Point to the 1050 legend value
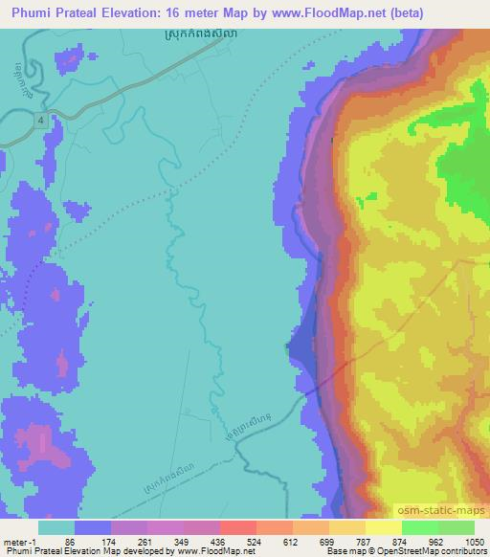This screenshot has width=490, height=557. (472, 542)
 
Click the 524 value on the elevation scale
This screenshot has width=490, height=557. (255, 542)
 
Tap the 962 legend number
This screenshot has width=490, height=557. (434, 542)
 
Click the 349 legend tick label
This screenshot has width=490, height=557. (182, 542)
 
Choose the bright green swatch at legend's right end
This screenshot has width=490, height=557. (456, 527)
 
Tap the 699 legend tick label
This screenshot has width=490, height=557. (327, 542)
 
